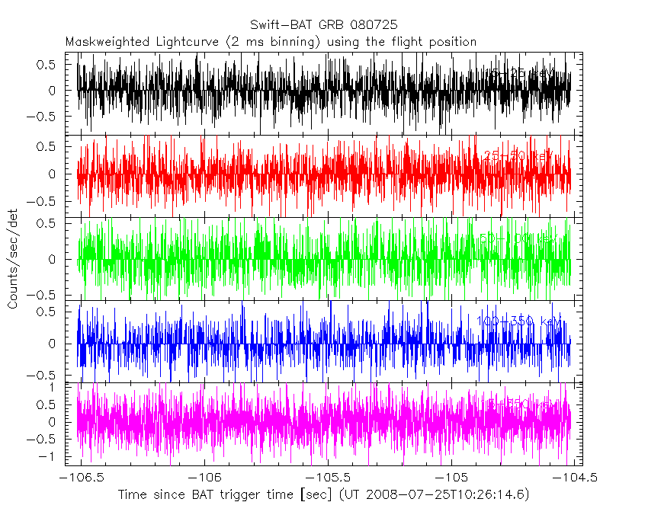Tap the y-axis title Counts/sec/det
[x=13, y=261]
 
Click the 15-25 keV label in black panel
[x=518, y=74]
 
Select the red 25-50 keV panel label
[x=518, y=156]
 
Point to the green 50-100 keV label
[x=518, y=238]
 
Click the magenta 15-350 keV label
[x=518, y=403]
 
